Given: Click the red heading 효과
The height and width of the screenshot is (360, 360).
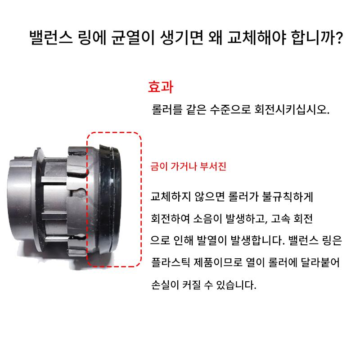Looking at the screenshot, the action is [x=161, y=87].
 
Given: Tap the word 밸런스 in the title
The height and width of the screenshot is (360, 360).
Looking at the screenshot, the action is [x=51, y=37].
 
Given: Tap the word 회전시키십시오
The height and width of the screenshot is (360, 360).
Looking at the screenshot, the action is [x=292, y=109].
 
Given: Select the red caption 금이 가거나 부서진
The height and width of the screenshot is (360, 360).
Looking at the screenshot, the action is [x=188, y=166].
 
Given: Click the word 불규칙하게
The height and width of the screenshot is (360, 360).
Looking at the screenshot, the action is [x=287, y=197].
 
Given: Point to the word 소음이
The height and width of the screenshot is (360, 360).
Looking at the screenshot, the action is [x=207, y=219].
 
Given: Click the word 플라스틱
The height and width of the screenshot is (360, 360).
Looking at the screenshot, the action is [x=171, y=262].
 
